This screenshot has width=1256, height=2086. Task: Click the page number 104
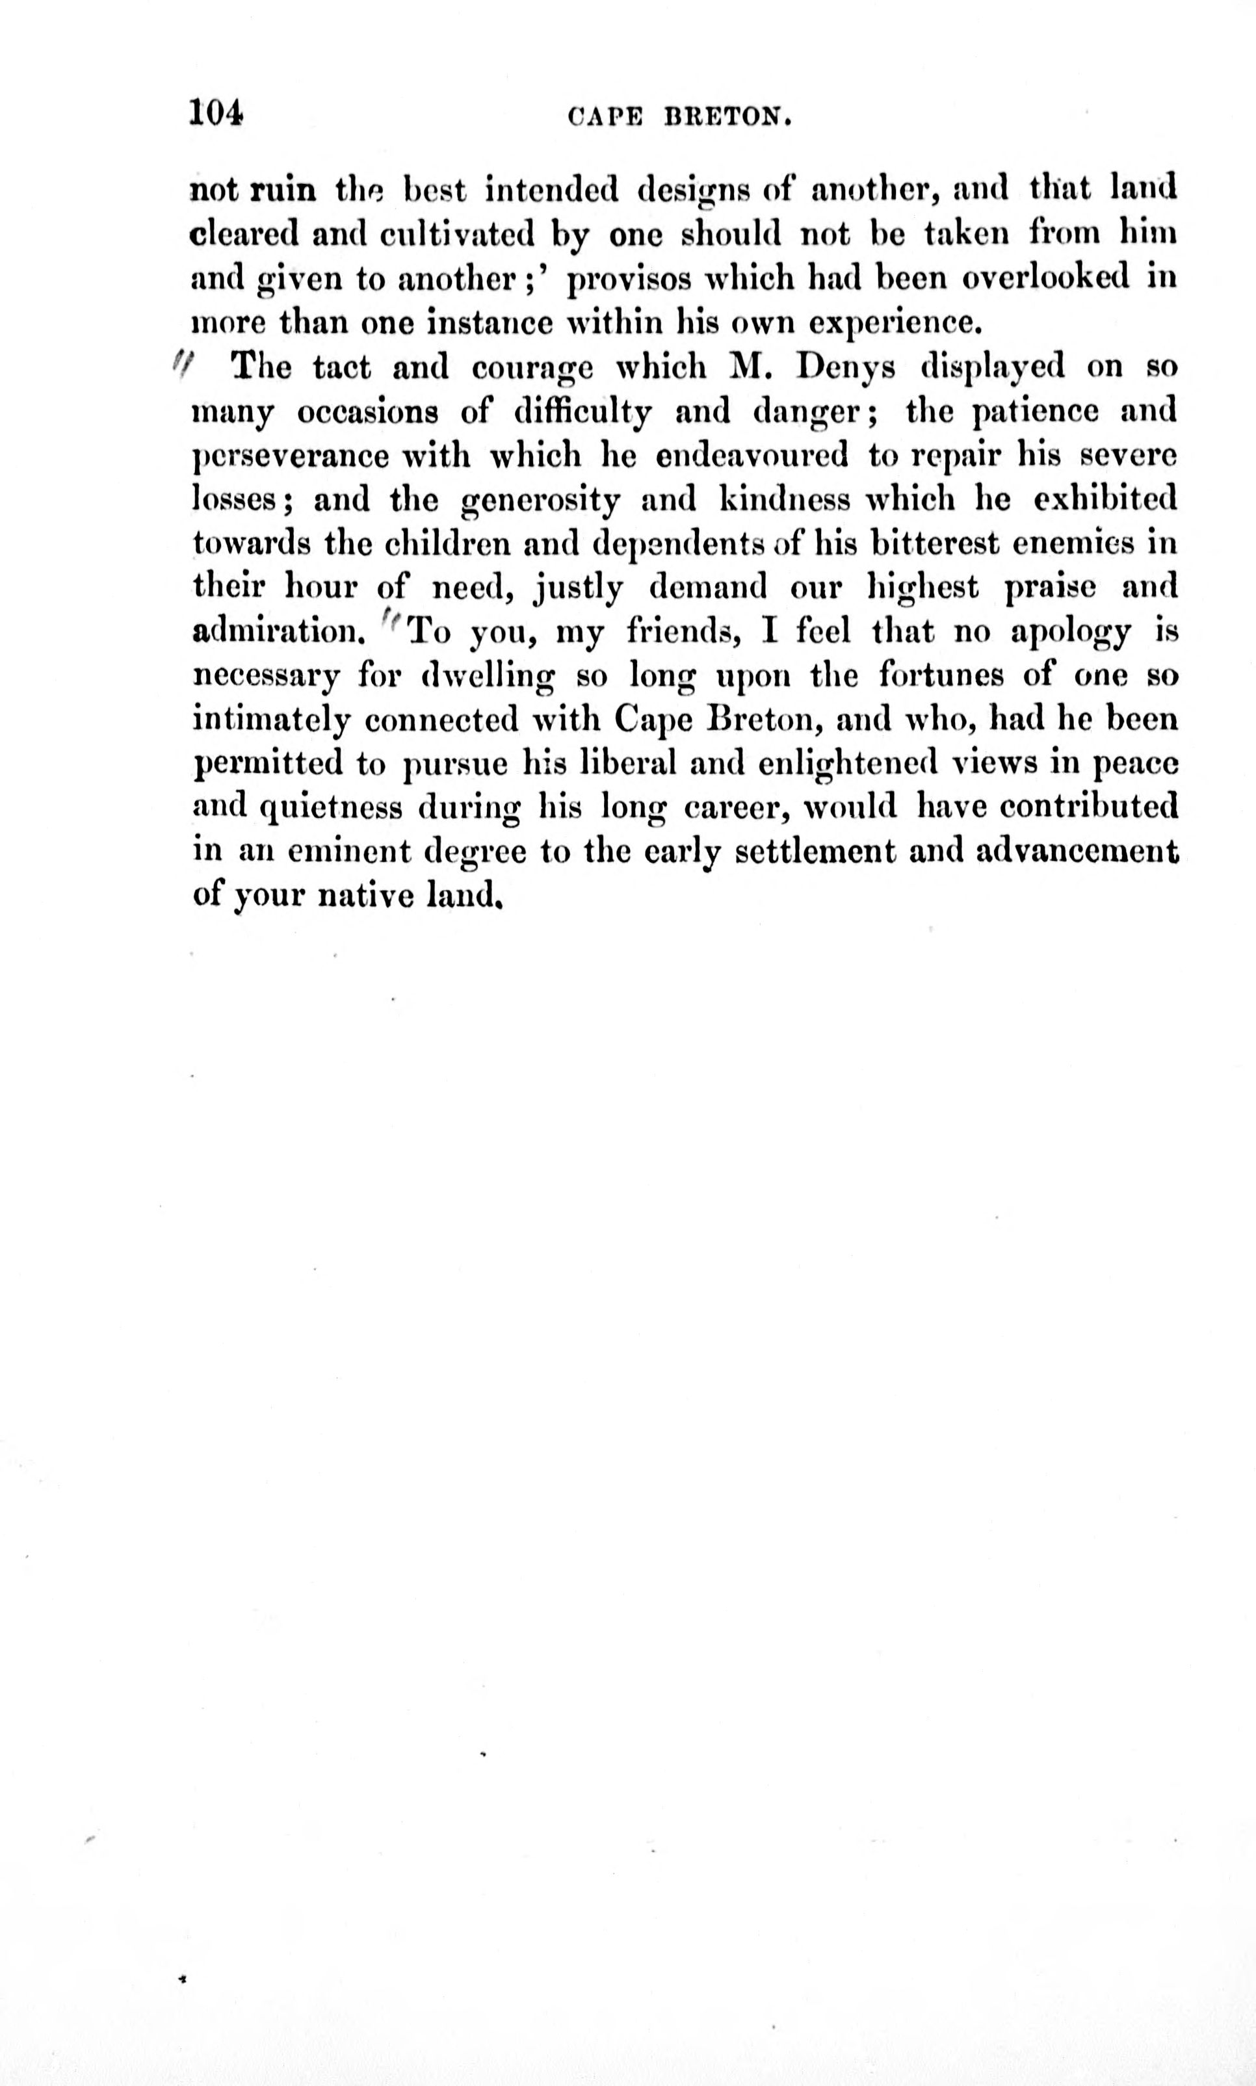point(216,112)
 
